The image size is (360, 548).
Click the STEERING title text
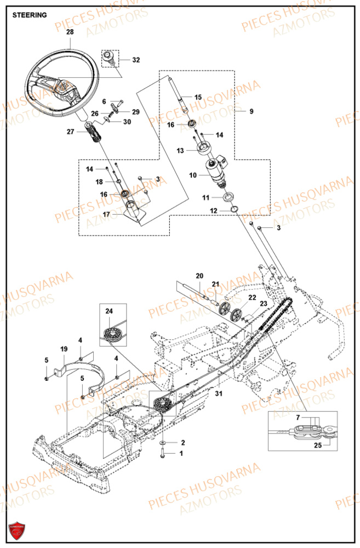tap(30, 15)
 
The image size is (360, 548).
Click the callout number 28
tap(70, 32)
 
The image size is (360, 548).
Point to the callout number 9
tap(251, 111)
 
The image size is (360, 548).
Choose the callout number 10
tap(192, 175)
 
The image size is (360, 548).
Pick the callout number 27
tap(70, 132)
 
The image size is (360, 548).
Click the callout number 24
tap(108, 311)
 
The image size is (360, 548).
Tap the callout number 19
tap(64, 349)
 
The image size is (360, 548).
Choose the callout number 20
tap(199, 275)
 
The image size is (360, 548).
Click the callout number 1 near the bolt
tap(182, 453)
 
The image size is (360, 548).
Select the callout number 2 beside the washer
tap(182, 442)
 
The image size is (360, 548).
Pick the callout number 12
tap(213, 210)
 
